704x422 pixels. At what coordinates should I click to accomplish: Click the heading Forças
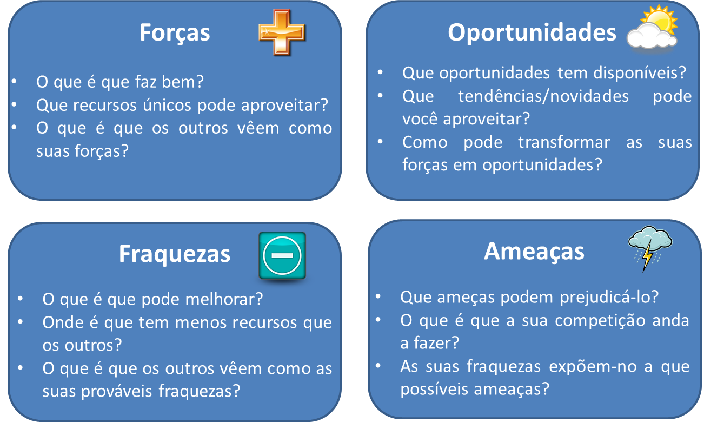click(x=175, y=32)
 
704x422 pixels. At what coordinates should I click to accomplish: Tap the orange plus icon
click(x=282, y=32)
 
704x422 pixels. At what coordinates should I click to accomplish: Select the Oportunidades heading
click(x=532, y=32)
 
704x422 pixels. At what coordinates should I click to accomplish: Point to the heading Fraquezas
click(x=175, y=254)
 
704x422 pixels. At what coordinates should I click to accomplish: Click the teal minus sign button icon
click(x=282, y=255)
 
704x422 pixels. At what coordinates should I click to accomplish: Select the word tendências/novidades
click(x=543, y=96)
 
